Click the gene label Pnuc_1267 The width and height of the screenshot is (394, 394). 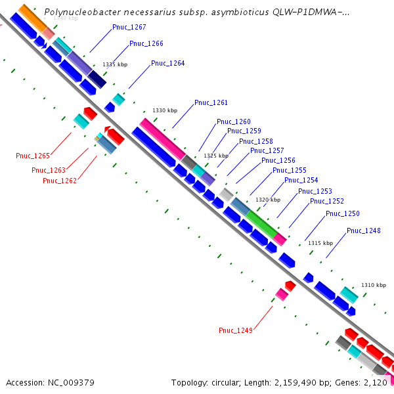[x=129, y=28]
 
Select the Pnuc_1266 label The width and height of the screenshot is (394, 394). [x=146, y=44]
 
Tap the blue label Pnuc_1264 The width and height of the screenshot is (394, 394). [x=168, y=64]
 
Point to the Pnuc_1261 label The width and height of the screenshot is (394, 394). [x=211, y=103]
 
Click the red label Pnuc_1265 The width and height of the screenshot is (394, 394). [x=33, y=156]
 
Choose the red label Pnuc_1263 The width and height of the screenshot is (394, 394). [x=49, y=171]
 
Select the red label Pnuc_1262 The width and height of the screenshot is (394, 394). [x=60, y=181]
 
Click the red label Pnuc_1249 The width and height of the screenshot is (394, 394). [x=236, y=330]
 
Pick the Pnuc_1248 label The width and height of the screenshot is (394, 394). [x=364, y=230]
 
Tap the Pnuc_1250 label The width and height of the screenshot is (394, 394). [x=343, y=214]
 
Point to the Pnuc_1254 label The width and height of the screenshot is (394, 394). [x=301, y=181]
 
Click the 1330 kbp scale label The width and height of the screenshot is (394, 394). [x=165, y=111]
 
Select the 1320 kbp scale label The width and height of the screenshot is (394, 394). [x=268, y=200]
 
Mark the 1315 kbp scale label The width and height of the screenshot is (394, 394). [x=320, y=243]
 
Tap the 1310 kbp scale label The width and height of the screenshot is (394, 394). [x=374, y=285]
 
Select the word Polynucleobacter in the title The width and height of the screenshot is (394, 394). [x=79, y=12]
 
